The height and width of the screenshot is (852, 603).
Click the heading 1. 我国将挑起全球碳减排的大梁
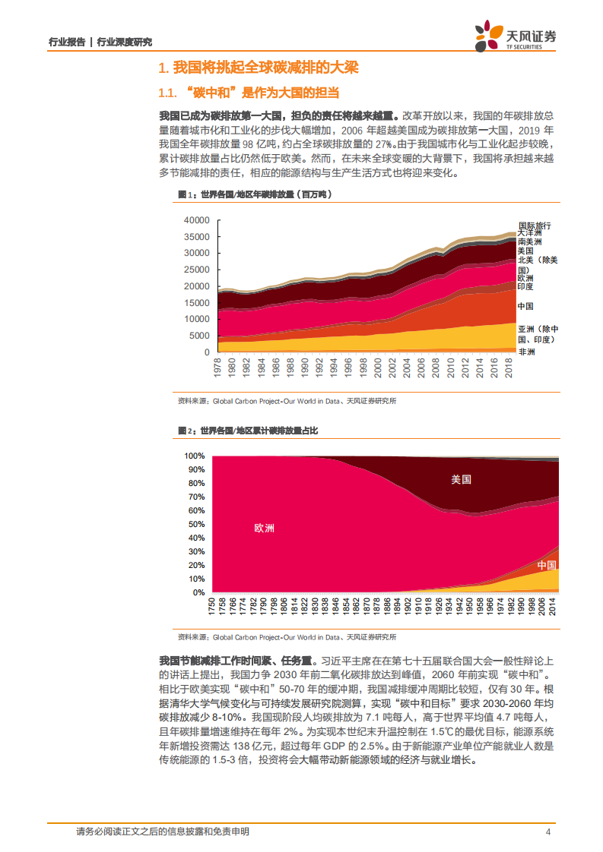pos(257,68)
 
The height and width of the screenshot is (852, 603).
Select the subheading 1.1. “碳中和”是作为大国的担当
pos(247,93)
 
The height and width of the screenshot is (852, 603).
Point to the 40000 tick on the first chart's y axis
pos(196,219)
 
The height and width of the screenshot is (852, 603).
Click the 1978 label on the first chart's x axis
pos(217,369)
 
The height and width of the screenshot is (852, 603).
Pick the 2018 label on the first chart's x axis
pos(508,369)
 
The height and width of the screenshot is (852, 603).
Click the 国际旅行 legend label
pos(534,226)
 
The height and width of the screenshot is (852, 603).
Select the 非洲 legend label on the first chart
pos(526,353)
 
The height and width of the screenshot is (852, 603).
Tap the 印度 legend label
pos(526,287)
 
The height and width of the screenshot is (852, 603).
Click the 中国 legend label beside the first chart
pos(526,306)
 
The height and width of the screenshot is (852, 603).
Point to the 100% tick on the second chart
pos(195,456)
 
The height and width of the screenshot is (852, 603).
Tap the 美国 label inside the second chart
pos(461,479)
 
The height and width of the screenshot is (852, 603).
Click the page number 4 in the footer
pos(548,832)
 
